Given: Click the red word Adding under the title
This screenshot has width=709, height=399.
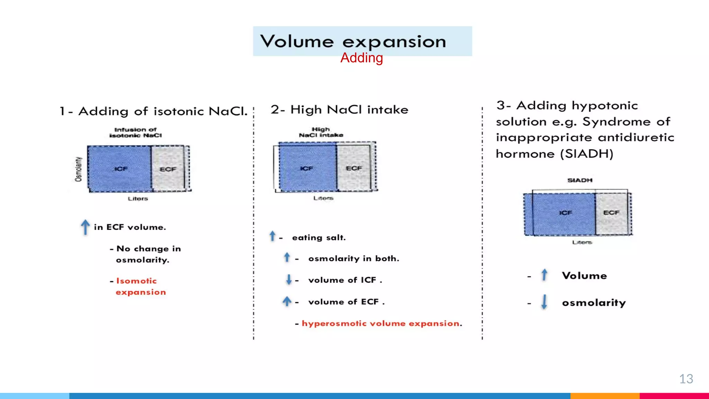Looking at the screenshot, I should (x=361, y=58).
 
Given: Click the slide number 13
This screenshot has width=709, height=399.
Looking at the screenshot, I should (x=686, y=379).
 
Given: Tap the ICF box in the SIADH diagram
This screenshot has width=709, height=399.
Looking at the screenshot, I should (x=564, y=213).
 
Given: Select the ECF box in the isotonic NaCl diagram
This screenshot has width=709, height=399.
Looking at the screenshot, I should (x=168, y=169).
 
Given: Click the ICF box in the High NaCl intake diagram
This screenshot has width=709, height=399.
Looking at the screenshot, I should (x=307, y=168).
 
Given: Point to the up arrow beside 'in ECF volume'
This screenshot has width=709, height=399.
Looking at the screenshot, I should (x=85, y=227).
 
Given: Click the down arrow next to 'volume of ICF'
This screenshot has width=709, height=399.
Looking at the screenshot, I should (x=289, y=280).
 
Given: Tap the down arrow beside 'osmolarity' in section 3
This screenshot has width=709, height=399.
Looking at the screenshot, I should (x=544, y=302).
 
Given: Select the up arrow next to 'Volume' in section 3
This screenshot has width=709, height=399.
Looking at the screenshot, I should (x=544, y=275).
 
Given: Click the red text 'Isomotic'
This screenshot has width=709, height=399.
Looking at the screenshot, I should (x=136, y=281).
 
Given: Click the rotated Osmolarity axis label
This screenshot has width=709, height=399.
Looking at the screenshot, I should (x=79, y=169).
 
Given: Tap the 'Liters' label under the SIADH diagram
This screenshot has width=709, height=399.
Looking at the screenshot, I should (x=582, y=242).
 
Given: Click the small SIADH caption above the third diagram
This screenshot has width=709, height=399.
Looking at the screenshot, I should (x=580, y=180).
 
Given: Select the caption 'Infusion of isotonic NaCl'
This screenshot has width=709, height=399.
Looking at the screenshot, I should (x=135, y=132).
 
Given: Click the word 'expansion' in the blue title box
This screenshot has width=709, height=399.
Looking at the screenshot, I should (x=394, y=42).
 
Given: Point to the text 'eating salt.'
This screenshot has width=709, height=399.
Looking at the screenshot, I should (x=319, y=238).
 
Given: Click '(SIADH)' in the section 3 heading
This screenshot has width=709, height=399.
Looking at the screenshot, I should (x=586, y=153).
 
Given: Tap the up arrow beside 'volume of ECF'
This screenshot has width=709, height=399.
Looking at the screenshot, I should (x=287, y=301).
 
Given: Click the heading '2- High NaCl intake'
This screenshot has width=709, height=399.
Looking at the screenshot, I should (x=339, y=110).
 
